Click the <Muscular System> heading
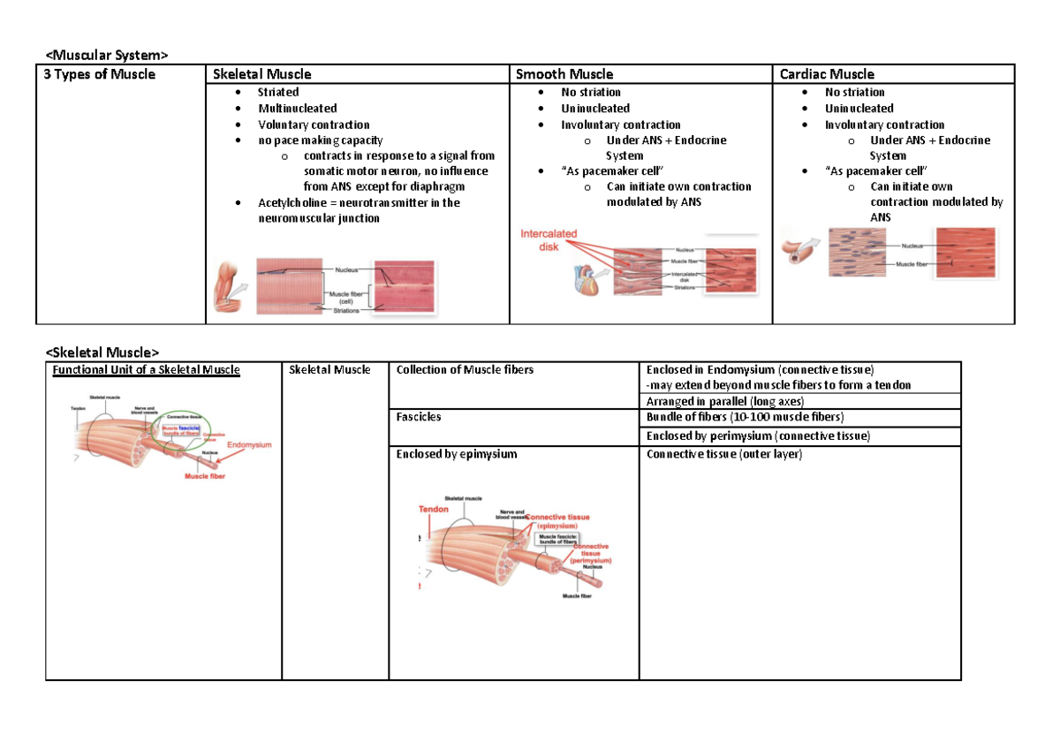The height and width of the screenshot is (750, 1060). [105, 57]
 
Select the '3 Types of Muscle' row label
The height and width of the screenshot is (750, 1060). [100, 74]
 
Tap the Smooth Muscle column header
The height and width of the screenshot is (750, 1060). [564, 74]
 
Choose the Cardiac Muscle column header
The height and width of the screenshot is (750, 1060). [827, 74]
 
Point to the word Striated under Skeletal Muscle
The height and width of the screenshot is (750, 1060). [278, 92]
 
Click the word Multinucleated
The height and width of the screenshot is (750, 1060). [297, 108]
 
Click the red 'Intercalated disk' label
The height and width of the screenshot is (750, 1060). [548, 240]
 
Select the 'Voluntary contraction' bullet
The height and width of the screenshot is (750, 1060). [314, 125]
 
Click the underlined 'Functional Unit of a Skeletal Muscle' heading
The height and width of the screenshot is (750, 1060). [146, 369]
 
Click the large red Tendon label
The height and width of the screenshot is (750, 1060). [433, 510]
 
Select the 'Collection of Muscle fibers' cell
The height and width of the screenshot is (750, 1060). [465, 369]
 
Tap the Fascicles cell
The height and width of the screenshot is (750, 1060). [419, 416]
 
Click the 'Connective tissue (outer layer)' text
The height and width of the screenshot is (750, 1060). [723, 454]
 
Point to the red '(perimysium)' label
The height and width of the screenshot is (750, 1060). [591, 560]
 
